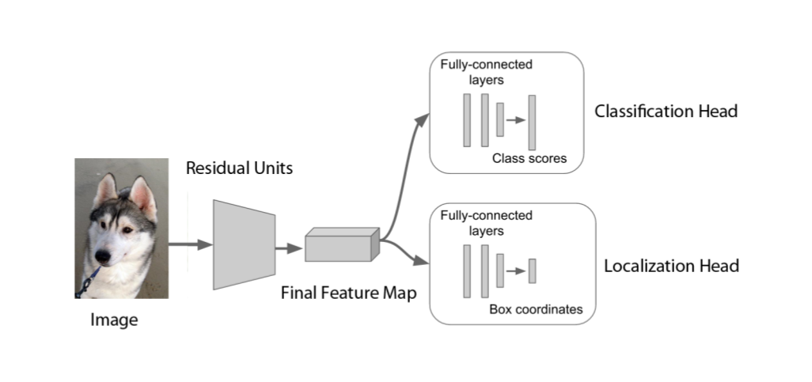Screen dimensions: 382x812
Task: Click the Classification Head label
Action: (666, 112)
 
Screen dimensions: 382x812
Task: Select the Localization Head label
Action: (671, 266)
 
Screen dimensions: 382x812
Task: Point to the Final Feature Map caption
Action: (348, 292)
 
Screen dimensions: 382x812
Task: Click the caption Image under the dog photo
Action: (113, 320)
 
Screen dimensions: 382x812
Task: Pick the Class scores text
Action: (529, 158)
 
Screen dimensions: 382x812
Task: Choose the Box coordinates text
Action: (536, 309)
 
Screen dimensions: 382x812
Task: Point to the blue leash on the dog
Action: (88, 281)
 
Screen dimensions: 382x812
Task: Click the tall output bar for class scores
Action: (533, 120)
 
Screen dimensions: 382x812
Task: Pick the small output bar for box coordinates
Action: (533, 270)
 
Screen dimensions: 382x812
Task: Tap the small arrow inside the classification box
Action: (516, 120)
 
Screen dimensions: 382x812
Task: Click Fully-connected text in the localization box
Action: (486, 215)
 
